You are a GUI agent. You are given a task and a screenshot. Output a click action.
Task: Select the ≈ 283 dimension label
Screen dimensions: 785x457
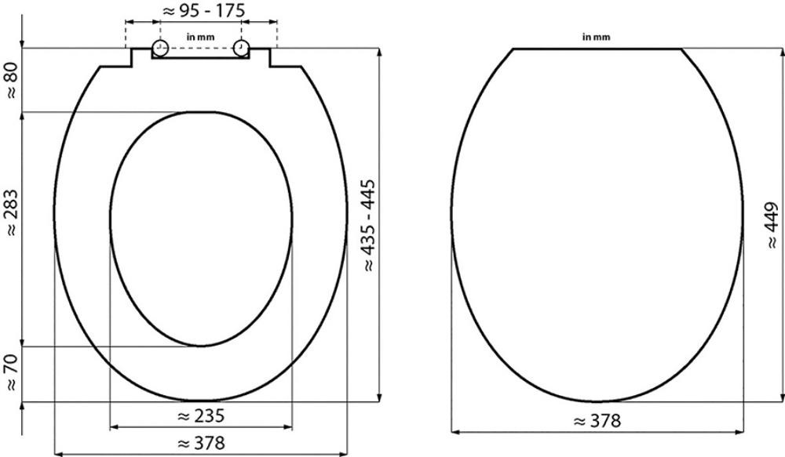(11, 212)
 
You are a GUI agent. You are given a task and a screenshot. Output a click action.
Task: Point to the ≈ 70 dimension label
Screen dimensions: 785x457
(11, 372)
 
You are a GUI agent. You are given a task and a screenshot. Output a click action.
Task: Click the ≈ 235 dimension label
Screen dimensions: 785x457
(201, 415)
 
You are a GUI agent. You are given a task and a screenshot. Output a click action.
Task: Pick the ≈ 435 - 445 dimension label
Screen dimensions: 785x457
(368, 225)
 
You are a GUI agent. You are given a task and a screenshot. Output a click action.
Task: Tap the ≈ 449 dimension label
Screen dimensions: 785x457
(772, 225)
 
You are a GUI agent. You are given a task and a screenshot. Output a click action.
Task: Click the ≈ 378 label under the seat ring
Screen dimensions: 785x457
(201, 443)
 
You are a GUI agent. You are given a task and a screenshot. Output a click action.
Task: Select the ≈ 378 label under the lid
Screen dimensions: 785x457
(597, 421)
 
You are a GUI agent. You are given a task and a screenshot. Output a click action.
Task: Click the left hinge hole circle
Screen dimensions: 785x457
(159, 48)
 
